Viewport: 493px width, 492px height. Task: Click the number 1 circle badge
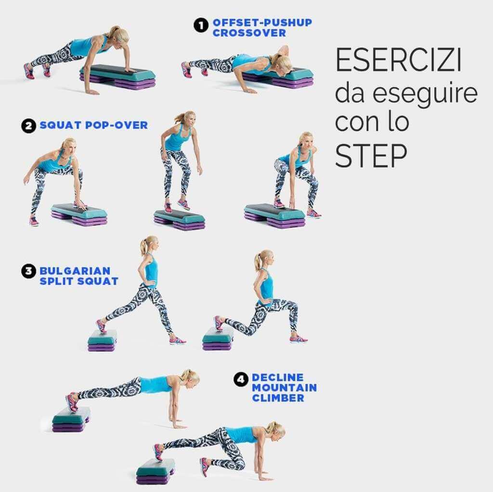coord(201,25)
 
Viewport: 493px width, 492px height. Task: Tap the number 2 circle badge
coord(28,126)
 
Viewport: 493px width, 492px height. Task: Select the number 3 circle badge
coord(28,271)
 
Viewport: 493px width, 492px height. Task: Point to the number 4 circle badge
coord(241,379)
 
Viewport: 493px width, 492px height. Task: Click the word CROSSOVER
coord(249,33)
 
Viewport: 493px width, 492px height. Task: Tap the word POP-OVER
coord(117,125)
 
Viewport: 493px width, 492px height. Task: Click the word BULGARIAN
coord(75,271)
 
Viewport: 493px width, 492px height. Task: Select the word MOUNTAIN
coord(284,388)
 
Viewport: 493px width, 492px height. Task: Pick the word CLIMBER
coord(278,398)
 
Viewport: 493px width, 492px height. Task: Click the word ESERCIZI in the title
coord(399,60)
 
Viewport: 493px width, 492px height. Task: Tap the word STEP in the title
coord(371,156)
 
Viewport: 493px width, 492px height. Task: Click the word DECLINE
coord(278,378)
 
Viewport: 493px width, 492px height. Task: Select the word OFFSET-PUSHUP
coord(262,23)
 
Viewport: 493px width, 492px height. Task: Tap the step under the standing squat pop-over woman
coord(179,219)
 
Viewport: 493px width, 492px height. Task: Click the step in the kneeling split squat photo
coord(218,339)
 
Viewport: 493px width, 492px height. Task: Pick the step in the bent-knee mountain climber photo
coord(156,472)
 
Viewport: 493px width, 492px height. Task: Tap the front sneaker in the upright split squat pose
coord(178,340)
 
